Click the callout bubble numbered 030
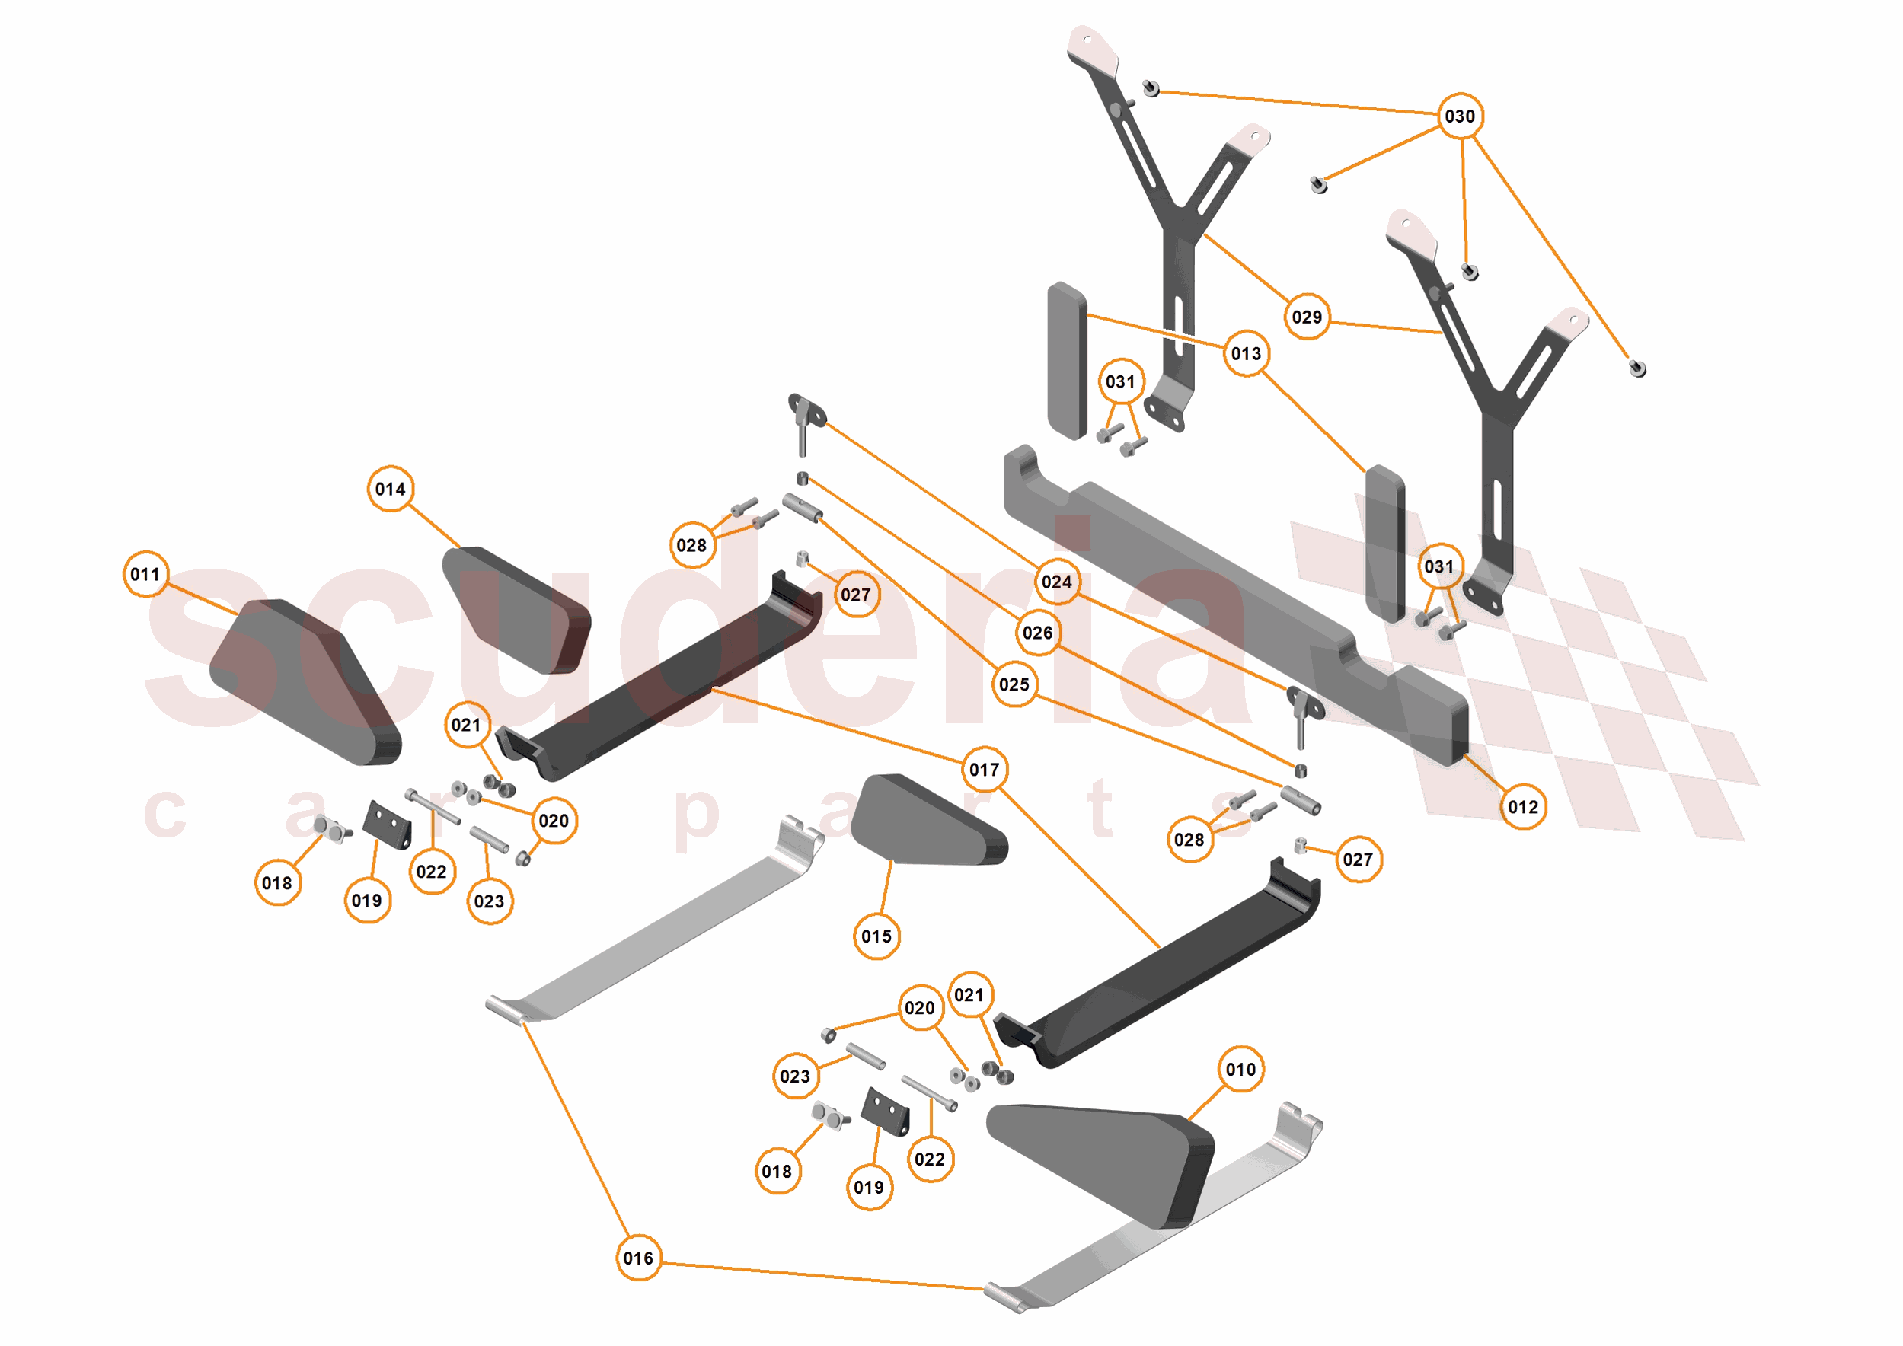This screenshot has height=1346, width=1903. pyautogui.click(x=1459, y=116)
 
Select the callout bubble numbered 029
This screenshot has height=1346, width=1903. pyautogui.click(x=1306, y=317)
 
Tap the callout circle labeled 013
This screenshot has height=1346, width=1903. pyautogui.click(x=1246, y=354)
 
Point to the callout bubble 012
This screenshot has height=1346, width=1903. pyautogui.click(x=1522, y=807)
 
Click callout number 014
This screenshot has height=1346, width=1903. pyautogui.click(x=391, y=489)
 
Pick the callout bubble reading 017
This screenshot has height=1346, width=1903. pyautogui.click(x=985, y=770)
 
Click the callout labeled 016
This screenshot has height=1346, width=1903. pyautogui.click(x=638, y=1258)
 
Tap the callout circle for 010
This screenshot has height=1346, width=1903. pyautogui.click(x=1240, y=1069)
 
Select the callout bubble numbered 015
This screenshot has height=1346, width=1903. pyautogui.click(x=876, y=936)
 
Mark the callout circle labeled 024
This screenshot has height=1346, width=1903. pyautogui.click(x=1057, y=582)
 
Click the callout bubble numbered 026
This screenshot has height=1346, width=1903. pyautogui.click(x=1038, y=633)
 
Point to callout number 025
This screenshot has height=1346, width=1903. pyautogui.click(x=1014, y=684)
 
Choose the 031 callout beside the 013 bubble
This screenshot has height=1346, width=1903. pyautogui.click(x=1119, y=382)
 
